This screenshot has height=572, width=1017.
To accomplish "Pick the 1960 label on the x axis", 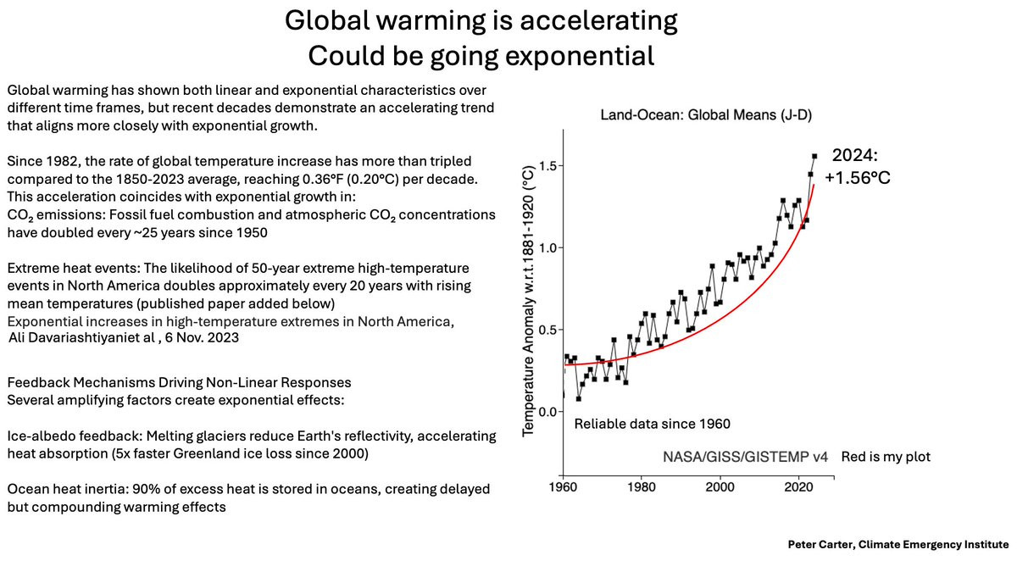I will [564, 489].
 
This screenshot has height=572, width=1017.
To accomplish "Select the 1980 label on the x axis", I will [642, 489].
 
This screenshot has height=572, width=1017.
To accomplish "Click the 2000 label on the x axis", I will [720, 489].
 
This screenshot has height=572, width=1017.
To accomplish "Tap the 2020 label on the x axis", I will [798, 489].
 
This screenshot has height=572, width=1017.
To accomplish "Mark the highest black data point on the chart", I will [814, 156].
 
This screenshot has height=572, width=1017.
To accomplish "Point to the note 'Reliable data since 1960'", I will [653, 423].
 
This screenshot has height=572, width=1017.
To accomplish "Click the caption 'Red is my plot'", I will [886, 457].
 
